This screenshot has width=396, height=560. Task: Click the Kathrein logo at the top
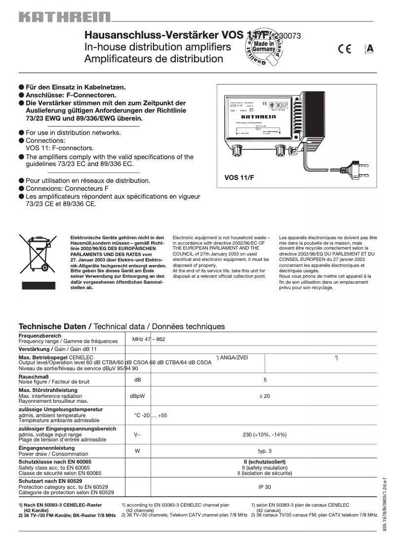(65, 18)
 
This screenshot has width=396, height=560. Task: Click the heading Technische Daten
(54, 327)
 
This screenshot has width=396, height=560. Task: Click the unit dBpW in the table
(137, 396)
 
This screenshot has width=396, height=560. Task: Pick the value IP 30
(265, 487)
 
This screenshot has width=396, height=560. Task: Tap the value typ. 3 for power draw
(265, 451)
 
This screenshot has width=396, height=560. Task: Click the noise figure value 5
(265, 380)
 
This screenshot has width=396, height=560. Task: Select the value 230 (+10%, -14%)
(265, 434)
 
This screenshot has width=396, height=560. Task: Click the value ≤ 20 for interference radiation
(265, 396)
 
